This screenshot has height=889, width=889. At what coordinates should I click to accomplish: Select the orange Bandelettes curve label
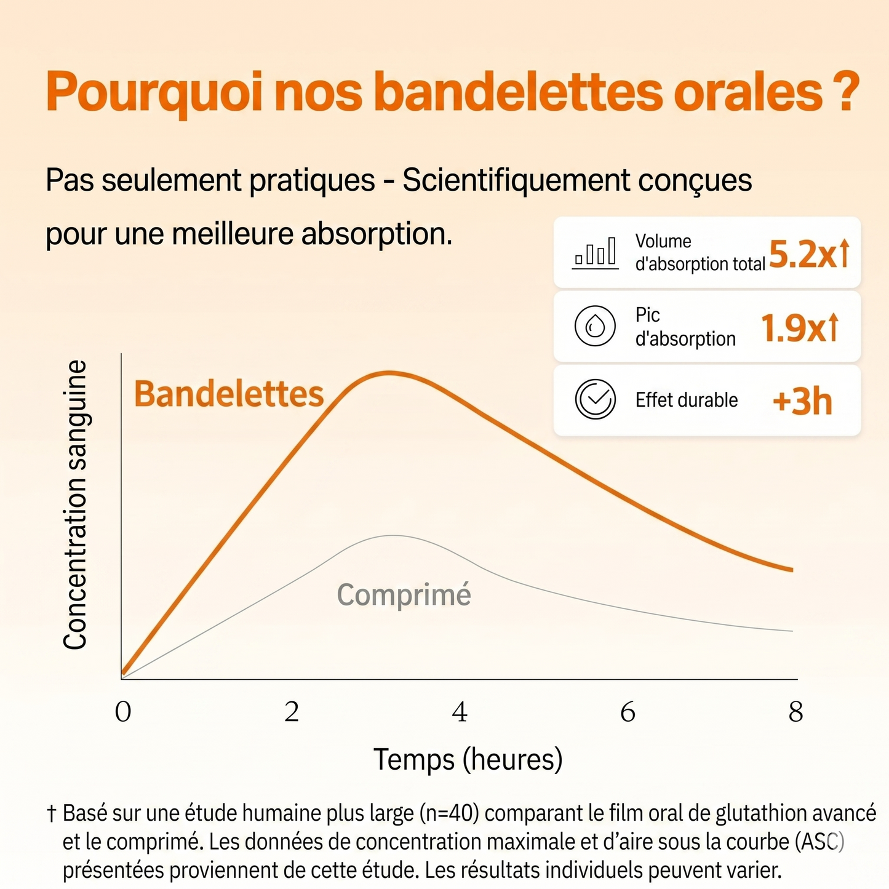[229, 394]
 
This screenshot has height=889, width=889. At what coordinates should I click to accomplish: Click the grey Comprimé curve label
[404, 595]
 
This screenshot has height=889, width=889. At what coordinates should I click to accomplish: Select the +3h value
[802, 401]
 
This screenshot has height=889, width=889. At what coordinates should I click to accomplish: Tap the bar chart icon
[595, 253]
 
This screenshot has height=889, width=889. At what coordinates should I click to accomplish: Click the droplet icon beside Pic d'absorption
[595, 325]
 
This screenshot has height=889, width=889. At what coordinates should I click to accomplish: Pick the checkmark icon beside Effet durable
[595, 399]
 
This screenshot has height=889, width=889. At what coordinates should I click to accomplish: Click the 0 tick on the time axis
[123, 712]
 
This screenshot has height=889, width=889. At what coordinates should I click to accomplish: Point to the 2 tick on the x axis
[292, 712]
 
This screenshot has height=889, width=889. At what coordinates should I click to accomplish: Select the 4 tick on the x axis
[460, 712]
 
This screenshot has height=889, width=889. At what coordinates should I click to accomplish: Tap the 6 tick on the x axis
[628, 712]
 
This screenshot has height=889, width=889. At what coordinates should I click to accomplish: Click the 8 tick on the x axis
[796, 712]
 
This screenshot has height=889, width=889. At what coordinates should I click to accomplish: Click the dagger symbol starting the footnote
[52, 814]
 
